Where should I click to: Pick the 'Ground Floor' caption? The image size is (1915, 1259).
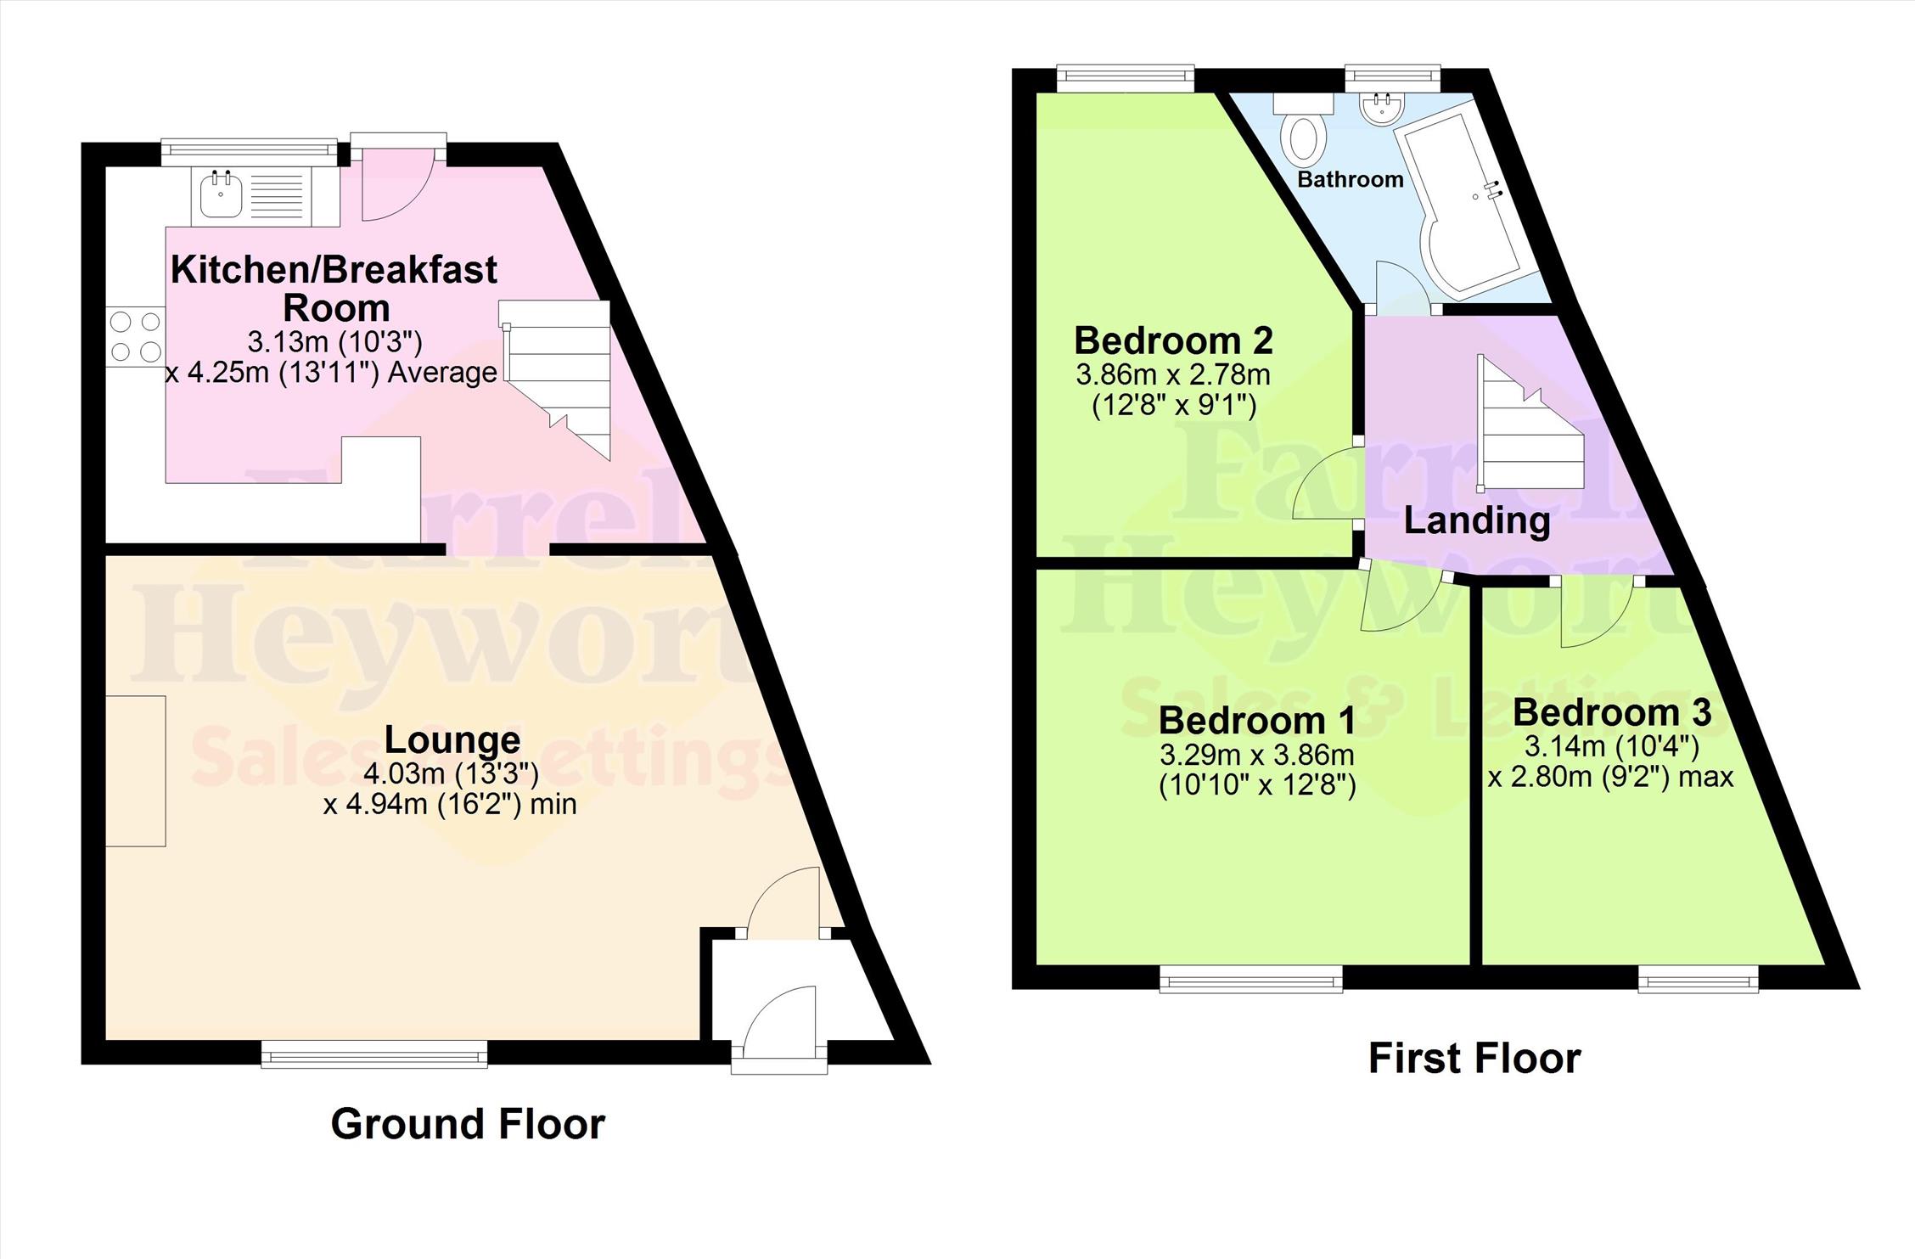(x=468, y=1124)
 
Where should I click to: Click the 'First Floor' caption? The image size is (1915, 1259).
(x=1474, y=1059)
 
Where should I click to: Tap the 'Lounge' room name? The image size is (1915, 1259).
(x=452, y=739)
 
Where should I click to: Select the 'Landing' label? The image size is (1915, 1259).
(x=1477, y=520)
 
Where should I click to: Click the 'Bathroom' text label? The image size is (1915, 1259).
(x=1350, y=180)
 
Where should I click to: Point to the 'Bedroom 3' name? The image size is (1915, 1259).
(x=1612, y=712)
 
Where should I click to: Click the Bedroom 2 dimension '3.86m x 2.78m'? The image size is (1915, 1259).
(x=1173, y=374)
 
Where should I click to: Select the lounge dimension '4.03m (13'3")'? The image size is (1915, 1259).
(x=451, y=773)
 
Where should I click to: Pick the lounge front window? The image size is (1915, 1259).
(x=374, y=1054)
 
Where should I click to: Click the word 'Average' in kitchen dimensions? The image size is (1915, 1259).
(x=442, y=373)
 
